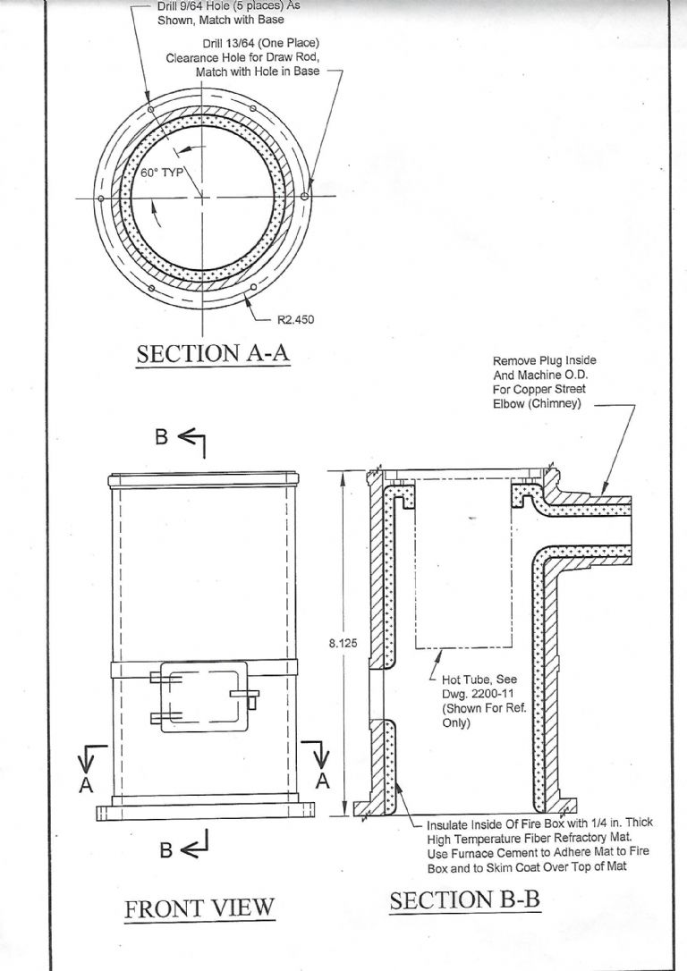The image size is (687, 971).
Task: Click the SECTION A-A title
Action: tap(213, 353)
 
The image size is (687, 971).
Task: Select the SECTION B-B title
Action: tap(464, 899)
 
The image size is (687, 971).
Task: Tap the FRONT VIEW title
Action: tap(199, 908)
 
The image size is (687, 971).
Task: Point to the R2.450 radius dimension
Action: tap(295, 320)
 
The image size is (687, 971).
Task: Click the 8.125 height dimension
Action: tap(343, 644)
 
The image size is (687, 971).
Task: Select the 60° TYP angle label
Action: tap(162, 173)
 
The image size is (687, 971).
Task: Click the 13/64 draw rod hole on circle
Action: tap(304, 197)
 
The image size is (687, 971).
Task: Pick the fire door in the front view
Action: tap(204, 697)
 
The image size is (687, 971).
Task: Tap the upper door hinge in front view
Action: tap(165, 679)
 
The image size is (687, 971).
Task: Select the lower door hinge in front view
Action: tap(165, 718)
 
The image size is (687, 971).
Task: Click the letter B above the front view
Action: tap(161, 437)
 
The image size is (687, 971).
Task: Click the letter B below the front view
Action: tap(165, 849)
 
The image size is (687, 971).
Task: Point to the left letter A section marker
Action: tap(86, 785)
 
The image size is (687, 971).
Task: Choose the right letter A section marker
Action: tap(322, 781)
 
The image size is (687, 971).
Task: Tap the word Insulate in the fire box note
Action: tap(448, 825)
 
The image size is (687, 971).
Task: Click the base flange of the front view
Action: tap(206, 811)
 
